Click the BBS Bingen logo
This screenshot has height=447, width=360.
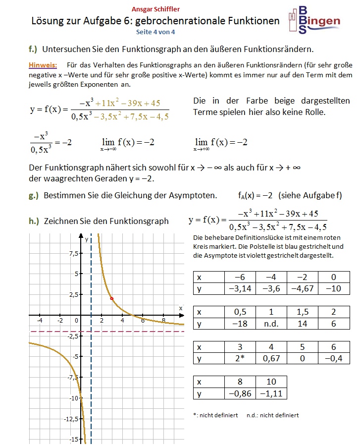[315, 20]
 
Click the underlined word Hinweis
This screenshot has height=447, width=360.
[43, 65]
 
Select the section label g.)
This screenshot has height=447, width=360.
[34, 195]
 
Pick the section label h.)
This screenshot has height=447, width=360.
[34, 221]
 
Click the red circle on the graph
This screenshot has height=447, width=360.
[112, 298]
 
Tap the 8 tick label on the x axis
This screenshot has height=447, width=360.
[164, 321]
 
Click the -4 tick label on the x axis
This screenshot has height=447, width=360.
[40, 321]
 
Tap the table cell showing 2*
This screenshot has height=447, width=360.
[240, 358]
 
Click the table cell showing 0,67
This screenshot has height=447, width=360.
[271, 358]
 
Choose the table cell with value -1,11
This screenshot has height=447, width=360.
[271, 393]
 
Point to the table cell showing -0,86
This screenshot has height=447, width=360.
[240, 393]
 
